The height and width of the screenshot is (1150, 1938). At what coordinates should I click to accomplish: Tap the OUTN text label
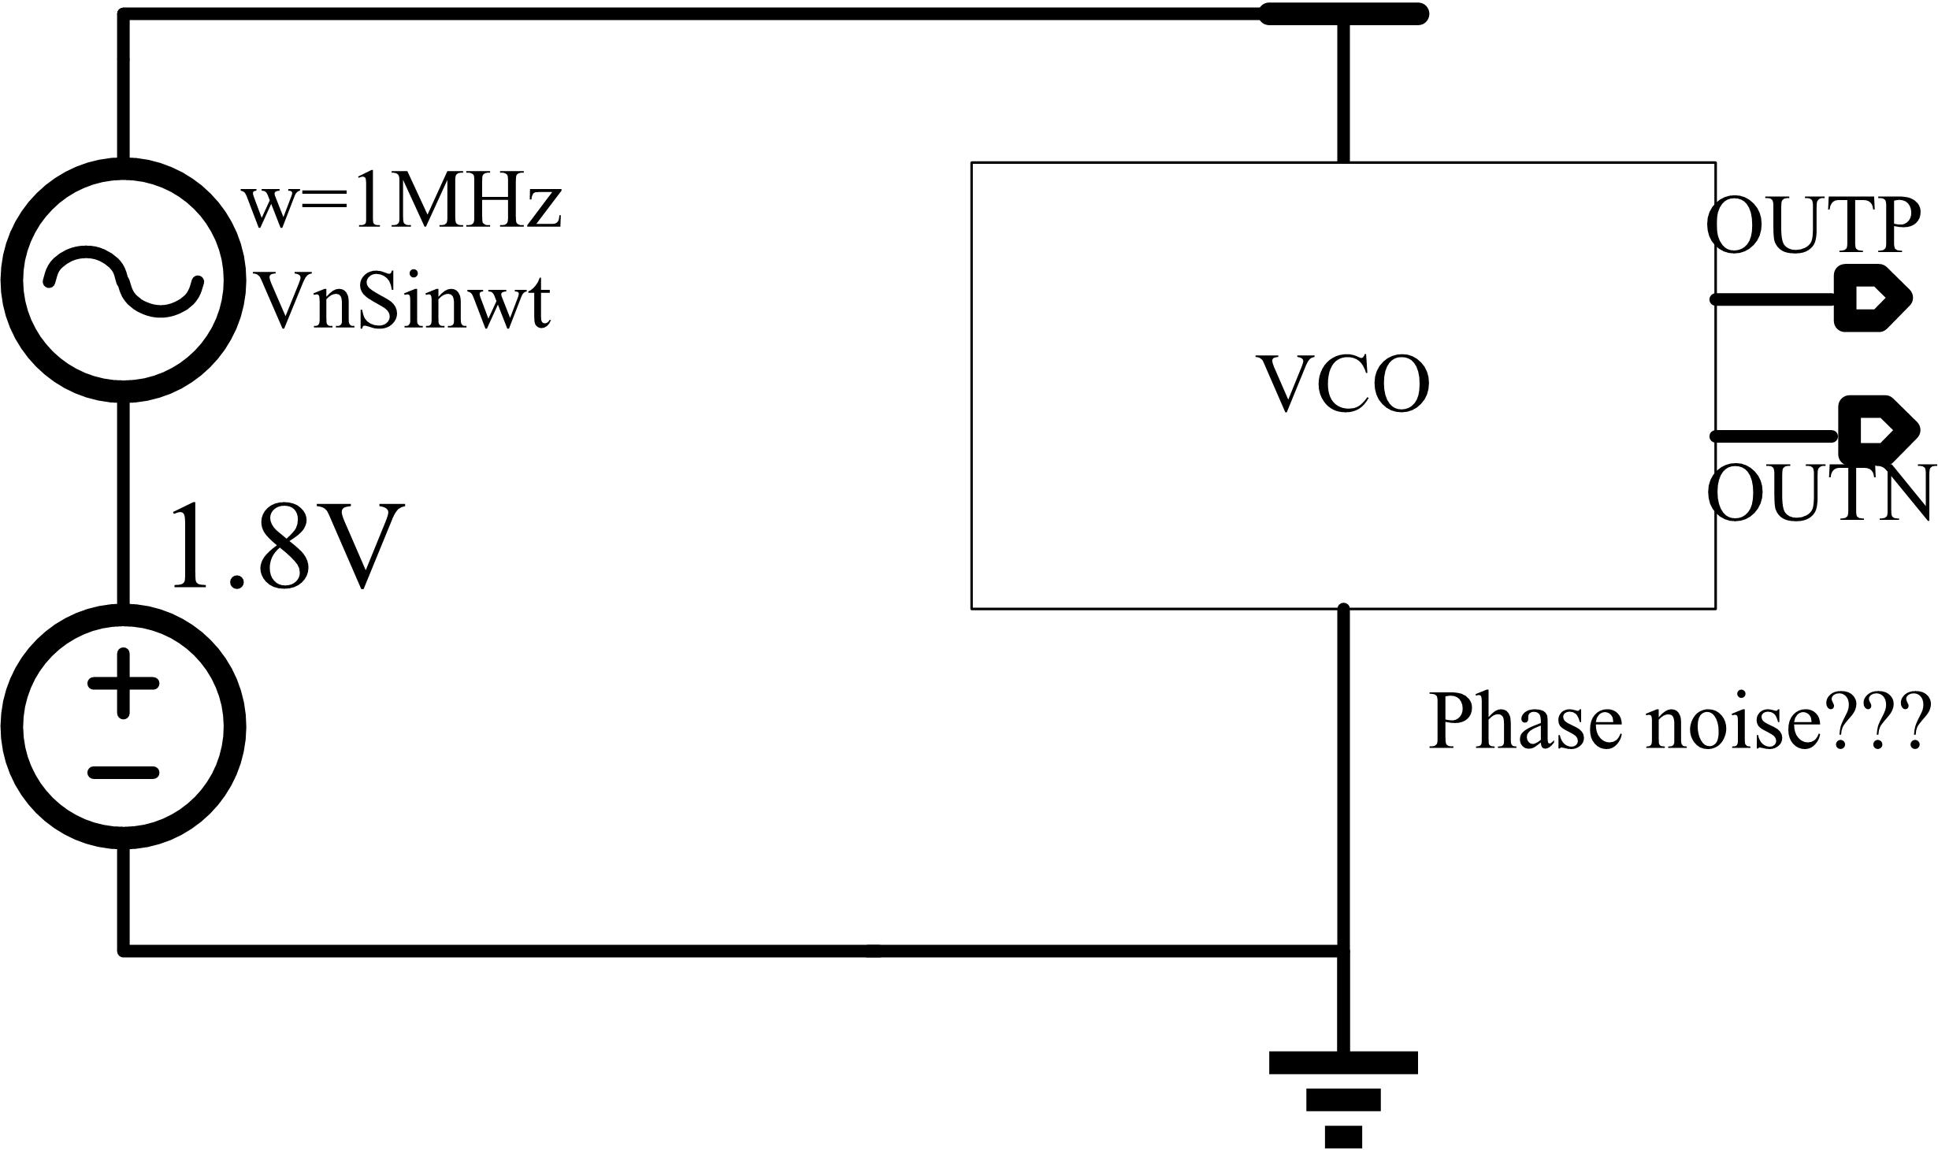click(x=1820, y=494)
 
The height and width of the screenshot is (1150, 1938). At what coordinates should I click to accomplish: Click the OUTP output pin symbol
click(x=1869, y=299)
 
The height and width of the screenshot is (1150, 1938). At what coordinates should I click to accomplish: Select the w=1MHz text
click(x=402, y=204)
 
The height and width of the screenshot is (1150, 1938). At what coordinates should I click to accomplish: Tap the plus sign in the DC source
click(x=123, y=684)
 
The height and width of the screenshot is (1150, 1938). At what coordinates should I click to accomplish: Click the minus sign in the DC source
click(x=123, y=772)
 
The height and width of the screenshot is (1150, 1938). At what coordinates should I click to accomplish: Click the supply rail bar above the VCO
click(x=1343, y=14)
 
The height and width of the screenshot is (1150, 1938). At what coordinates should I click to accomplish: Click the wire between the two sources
click(x=123, y=504)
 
